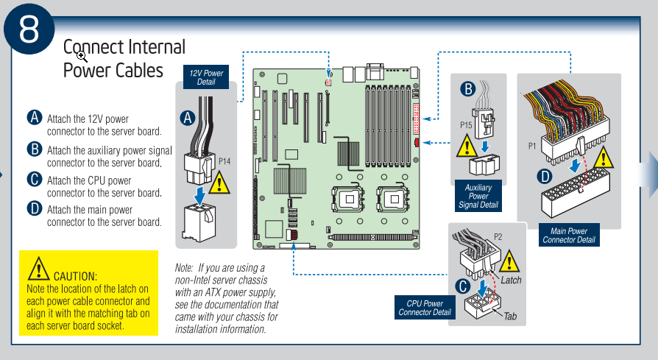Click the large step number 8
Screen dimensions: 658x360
point(29,29)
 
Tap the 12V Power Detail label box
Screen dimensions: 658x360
point(206,77)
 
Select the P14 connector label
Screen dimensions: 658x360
point(224,161)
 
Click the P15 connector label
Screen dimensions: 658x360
point(466,125)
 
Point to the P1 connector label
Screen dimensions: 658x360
point(532,146)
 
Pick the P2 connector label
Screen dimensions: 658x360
point(498,237)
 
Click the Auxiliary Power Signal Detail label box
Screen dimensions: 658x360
point(478,196)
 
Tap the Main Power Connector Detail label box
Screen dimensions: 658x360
point(569,235)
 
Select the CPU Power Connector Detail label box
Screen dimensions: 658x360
point(425,308)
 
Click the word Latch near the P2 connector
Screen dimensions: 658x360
point(511,280)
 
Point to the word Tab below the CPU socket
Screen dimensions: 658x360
point(510,316)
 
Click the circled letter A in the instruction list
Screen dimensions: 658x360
point(35,118)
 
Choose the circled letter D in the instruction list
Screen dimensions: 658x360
point(35,208)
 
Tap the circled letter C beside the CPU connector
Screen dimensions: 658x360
point(463,286)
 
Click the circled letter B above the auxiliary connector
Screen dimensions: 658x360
point(468,89)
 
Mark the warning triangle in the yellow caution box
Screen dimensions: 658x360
point(38,269)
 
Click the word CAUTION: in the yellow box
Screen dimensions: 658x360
point(76,277)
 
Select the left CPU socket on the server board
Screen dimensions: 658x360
point(348,199)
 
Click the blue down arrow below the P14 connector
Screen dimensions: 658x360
point(200,196)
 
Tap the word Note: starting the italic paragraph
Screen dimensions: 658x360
point(184,268)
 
